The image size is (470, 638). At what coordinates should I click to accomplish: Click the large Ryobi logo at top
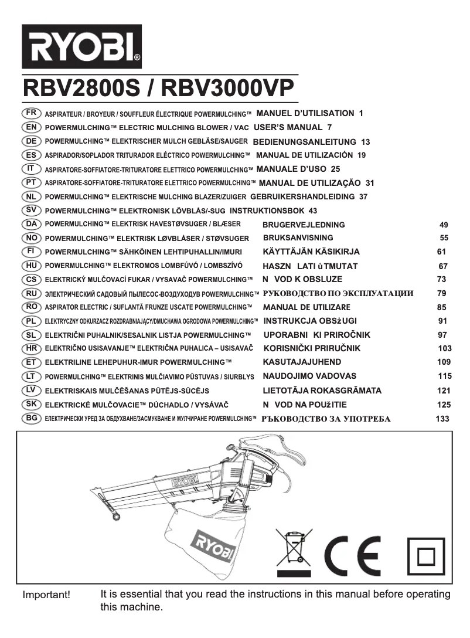(82, 46)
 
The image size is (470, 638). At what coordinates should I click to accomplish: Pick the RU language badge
(31, 293)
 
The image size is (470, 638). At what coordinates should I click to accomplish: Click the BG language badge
(31, 418)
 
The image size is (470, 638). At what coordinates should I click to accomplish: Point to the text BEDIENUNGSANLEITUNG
(304, 142)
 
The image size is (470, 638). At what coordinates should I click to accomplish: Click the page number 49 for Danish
(444, 225)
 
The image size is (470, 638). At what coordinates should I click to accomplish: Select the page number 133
(443, 419)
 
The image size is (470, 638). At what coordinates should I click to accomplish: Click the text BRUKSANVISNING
(298, 238)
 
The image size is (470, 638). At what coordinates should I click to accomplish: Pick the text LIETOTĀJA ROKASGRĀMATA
(322, 391)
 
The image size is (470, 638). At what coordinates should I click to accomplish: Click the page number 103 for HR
(445, 348)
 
